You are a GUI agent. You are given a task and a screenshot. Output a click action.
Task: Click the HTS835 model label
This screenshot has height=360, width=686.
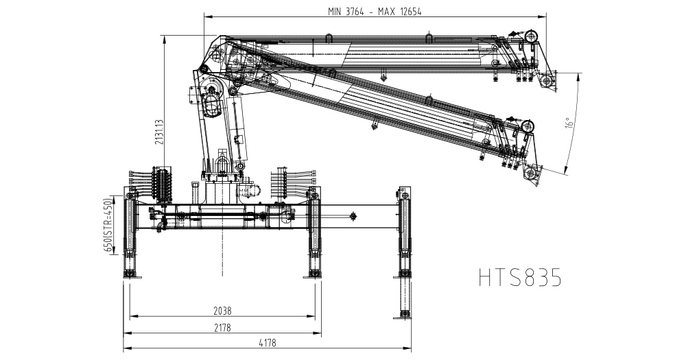click(520, 277)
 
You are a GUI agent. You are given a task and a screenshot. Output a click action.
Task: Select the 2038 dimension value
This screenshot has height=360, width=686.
click(222, 311)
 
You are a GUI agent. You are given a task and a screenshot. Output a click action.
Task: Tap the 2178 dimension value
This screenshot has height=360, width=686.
click(222, 328)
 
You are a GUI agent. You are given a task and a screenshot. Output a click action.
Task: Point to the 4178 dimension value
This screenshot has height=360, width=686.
click(268, 344)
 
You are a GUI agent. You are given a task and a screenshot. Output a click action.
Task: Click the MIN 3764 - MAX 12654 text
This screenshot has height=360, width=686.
click(375, 12)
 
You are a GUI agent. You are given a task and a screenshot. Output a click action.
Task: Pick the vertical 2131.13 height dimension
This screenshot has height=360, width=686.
click(159, 132)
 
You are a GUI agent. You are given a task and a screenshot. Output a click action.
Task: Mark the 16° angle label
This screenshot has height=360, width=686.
click(569, 122)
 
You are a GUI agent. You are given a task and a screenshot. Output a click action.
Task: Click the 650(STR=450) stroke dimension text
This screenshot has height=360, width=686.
click(107, 226)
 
